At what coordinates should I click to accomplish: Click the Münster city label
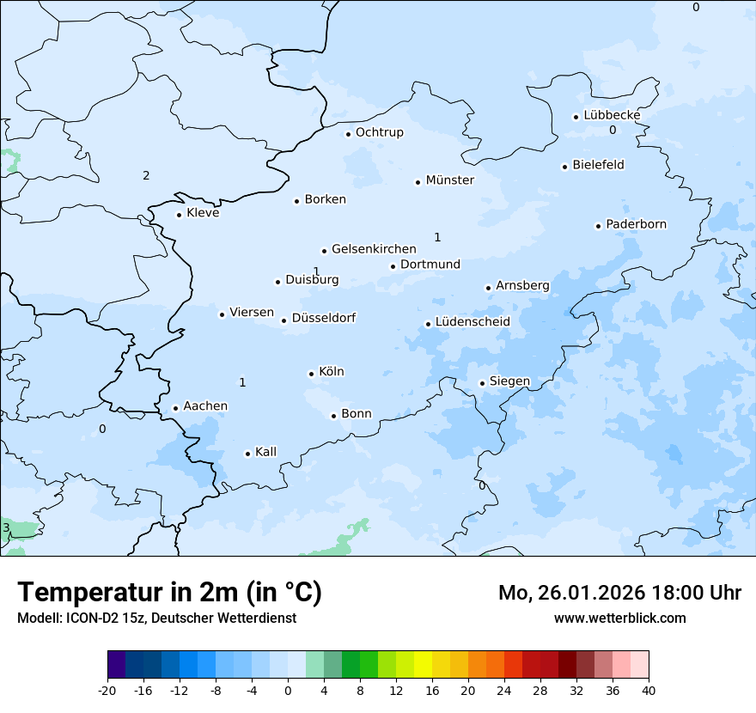click(x=449, y=180)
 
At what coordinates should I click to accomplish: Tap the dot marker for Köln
click(x=311, y=374)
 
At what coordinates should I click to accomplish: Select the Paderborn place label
click(x=636, y=224)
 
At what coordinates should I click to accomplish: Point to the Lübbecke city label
click(x=612, y=115)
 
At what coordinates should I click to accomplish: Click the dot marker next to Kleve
click(x=179, y=215)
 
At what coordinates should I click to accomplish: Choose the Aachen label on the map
click(x=205, y=406)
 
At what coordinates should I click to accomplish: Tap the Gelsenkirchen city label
click(x=374, y=249)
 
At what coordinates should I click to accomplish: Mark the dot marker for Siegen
click(x=482, y=383)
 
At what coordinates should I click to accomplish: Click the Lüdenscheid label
click(x=472, y=322)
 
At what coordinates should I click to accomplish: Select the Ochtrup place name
click(x=379, y=132)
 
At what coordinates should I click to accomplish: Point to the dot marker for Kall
click(x=247, y=454)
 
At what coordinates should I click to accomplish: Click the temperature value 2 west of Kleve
click(x=146, y=176)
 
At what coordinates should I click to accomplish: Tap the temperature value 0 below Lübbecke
click(x=613, y=131)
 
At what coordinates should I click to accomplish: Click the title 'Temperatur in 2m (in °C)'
click(x=169, y=592)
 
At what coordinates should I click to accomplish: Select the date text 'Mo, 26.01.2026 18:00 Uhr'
click(x=619, y=593)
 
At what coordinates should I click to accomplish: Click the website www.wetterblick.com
click(x=619, y=618)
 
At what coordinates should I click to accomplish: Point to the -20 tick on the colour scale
click(x=107, y=690)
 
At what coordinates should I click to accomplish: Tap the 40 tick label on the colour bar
click(x=649, y=690)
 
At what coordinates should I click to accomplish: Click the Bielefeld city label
click(x=598, y=165)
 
